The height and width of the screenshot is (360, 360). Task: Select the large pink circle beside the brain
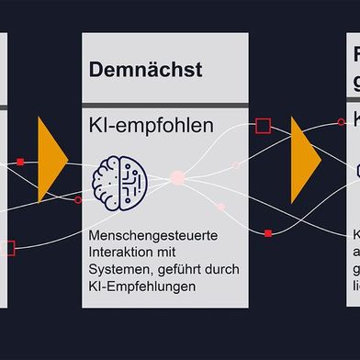point(177,175)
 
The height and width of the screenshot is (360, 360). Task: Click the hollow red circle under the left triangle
point(78,199)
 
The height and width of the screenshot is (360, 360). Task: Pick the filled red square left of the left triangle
point(20,163)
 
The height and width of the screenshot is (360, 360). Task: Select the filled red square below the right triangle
point(267,233)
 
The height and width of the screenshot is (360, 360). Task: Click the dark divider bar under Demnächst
point(164,106)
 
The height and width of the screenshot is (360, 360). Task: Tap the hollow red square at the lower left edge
point(9,247)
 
